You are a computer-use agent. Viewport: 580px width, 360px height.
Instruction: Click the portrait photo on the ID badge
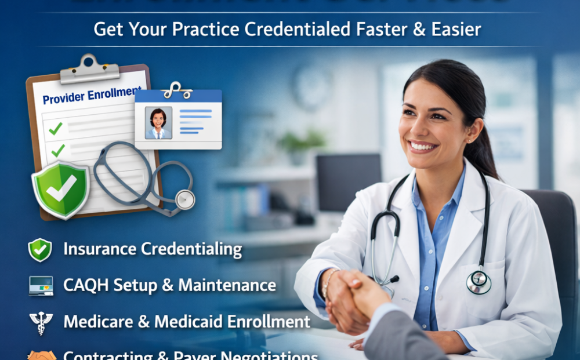(x=158, y=123)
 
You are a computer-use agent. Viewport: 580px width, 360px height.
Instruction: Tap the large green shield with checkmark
(x=61, y=188)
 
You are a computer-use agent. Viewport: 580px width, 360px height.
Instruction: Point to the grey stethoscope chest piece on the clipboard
(x=185, y=199)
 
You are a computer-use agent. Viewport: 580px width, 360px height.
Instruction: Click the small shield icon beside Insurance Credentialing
(x=40, y=250)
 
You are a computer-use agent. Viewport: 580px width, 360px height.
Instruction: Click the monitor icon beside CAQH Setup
(x=40, y=286)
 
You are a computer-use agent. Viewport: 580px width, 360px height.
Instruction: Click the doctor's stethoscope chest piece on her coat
(x=478, y=282)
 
